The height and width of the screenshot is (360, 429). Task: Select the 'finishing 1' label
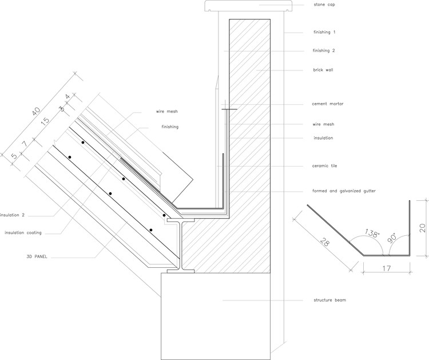pyautogui.click(x=324, y=32)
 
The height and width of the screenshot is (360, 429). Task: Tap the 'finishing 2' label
pyautogui.click(x=324, y=51)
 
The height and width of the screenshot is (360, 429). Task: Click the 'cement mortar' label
pyautogui.click(x=327, y=104)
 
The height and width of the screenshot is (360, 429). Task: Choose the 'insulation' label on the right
pyautogui.click(x=323, y=138)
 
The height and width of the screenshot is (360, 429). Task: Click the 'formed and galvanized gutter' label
pyautogui.click(x=340, y=191)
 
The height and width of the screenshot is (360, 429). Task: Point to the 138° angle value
pyautogui.click(x=372, y=234)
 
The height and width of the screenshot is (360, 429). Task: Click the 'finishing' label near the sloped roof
pyautogui.click(x=170, y=126)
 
